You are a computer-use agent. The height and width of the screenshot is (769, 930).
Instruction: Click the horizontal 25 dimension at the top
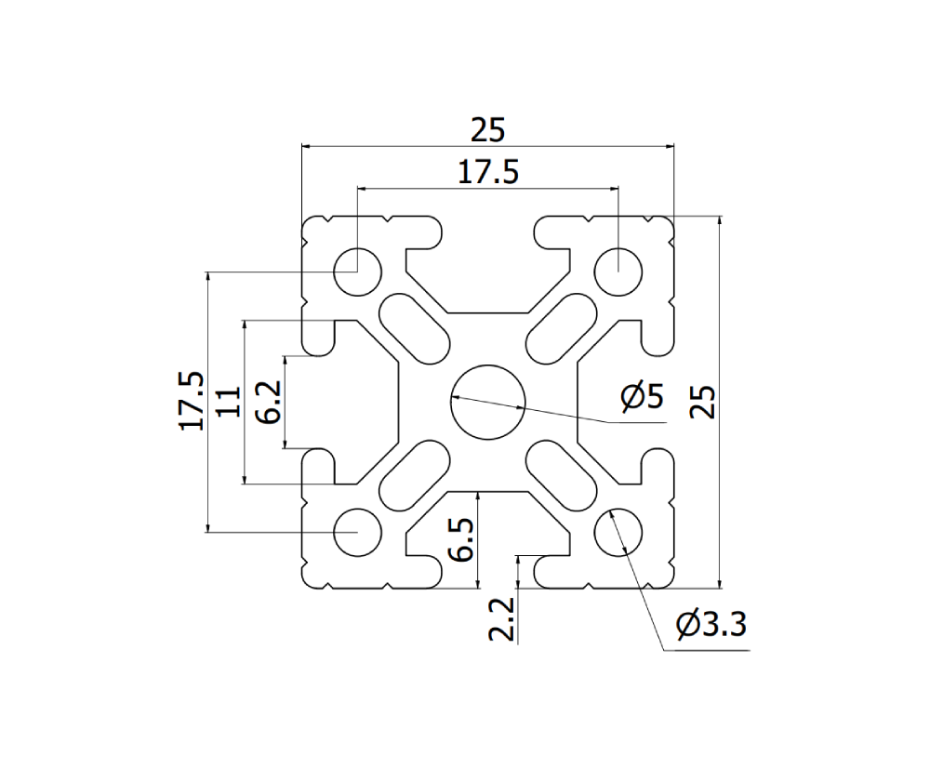[486, 131]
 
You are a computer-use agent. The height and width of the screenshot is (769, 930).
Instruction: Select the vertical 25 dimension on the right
[704, 403]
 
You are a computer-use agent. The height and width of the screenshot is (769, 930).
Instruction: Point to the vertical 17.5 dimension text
[192, 402]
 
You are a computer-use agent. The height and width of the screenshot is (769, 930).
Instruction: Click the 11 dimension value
[229, 402]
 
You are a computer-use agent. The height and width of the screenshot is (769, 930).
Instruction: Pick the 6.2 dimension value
[268, 403]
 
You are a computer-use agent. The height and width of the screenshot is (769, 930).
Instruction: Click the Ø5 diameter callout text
[642, 398]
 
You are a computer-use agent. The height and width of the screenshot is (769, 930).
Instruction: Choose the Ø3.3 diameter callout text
[711, 625]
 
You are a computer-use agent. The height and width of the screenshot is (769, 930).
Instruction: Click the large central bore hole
[488, 402]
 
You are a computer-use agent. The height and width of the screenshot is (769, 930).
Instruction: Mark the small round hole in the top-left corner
[358, 271]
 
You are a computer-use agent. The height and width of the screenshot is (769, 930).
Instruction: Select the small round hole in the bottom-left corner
[358, 533]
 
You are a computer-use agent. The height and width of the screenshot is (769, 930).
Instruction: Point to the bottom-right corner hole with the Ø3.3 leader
[618, 533]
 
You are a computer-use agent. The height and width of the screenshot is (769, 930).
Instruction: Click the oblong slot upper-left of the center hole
[415, 327]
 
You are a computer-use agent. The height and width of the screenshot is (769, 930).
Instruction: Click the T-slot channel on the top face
[488, 270]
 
